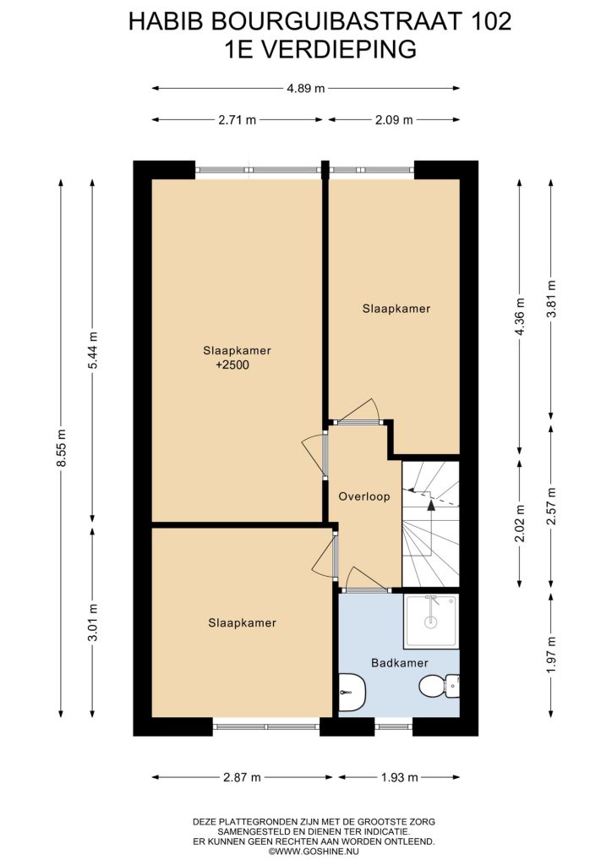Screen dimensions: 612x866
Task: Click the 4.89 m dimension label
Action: point(306,88)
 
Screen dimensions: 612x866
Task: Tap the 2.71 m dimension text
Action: point(238,120)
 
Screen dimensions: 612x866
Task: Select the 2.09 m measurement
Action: point(394,120)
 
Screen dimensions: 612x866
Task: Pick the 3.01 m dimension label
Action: point(93,622)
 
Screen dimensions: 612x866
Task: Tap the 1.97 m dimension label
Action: point(551,655)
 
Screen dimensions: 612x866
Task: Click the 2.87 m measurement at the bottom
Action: point(242,778)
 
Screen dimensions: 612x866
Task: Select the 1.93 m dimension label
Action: point(400,778)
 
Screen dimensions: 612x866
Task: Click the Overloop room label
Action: point(364,496)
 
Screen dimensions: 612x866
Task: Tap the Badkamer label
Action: point(400,663)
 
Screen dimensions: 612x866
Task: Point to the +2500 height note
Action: point(232,365)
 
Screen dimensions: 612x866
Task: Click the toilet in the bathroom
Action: point(440,687)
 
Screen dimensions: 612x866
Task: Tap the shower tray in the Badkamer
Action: point(431,622)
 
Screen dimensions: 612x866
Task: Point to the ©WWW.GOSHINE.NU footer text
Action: point(314,852)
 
